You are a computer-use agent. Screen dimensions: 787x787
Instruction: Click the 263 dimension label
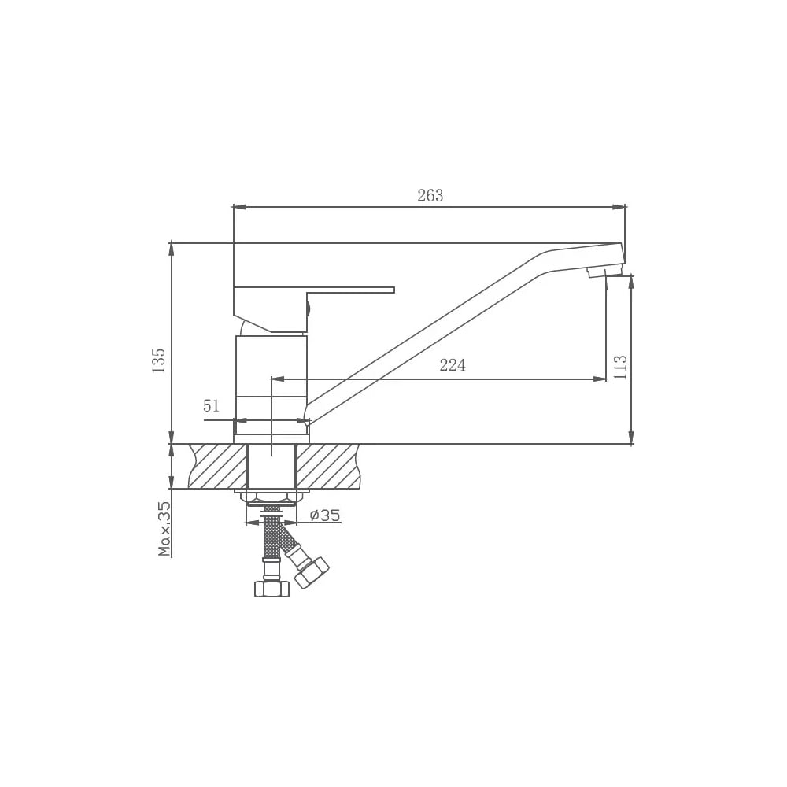(x=430, y=195)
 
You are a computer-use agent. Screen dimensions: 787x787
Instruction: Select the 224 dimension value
(x=453, y=365)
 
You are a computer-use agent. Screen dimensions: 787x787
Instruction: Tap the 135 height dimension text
(x=159, y=360)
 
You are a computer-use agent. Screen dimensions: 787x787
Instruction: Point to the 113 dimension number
(x=620, y=367)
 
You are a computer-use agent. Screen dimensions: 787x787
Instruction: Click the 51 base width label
(x=211, y=405)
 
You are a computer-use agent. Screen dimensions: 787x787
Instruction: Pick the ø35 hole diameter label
(x=325, y=515)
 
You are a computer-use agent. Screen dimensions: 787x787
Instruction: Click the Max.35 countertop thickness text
(x=164, y=529)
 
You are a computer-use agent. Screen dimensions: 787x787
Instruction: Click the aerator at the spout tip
(x=596, y=273)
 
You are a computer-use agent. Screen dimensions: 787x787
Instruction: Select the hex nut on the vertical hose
(x=272, y=588)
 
